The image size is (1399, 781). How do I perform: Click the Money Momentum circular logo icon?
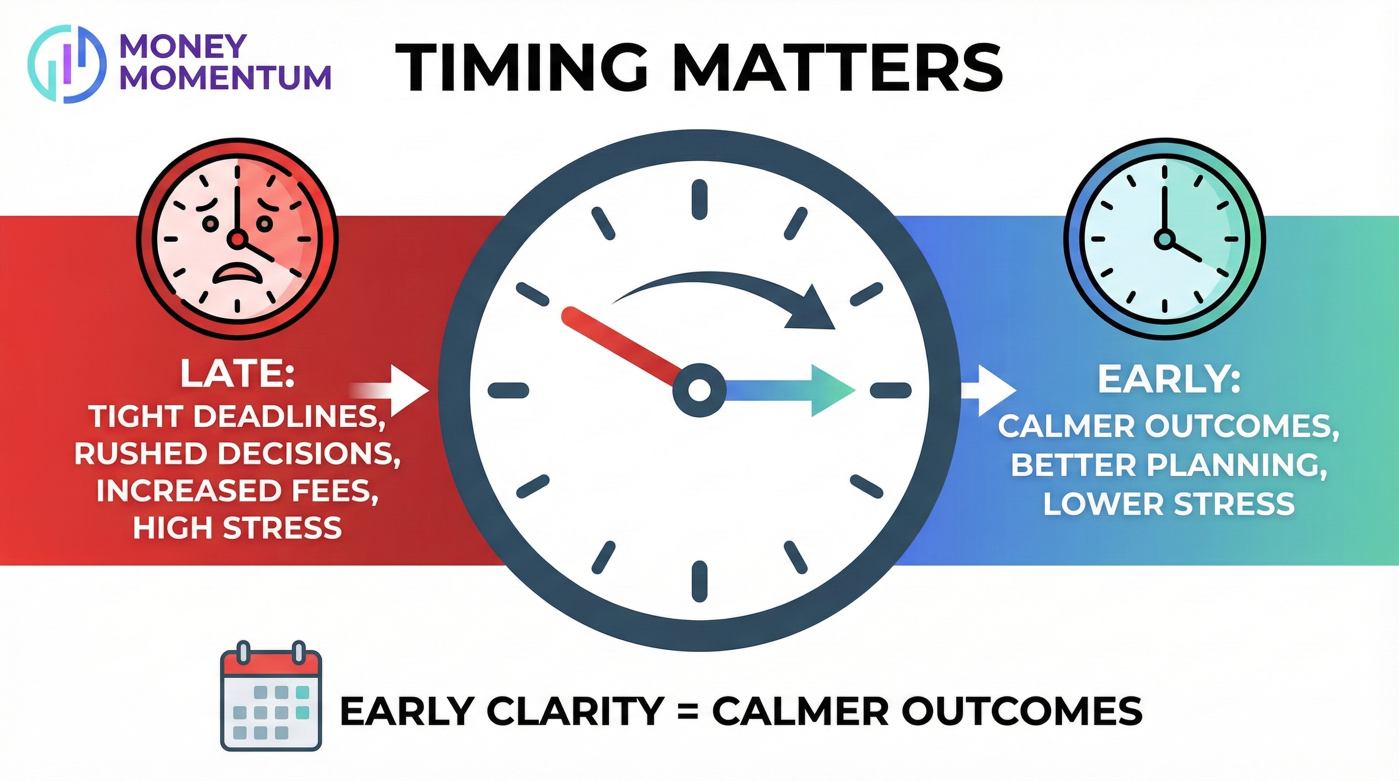click(x=66, y=64)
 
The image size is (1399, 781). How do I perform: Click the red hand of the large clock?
click(x=622, y=346)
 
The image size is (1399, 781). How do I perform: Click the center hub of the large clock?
click(x=699, y=389)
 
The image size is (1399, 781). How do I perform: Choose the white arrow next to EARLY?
click(x=988, y=389)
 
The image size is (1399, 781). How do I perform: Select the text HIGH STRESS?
click(x=237, y=527)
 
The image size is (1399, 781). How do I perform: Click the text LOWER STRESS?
click(x=1169, y=503)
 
